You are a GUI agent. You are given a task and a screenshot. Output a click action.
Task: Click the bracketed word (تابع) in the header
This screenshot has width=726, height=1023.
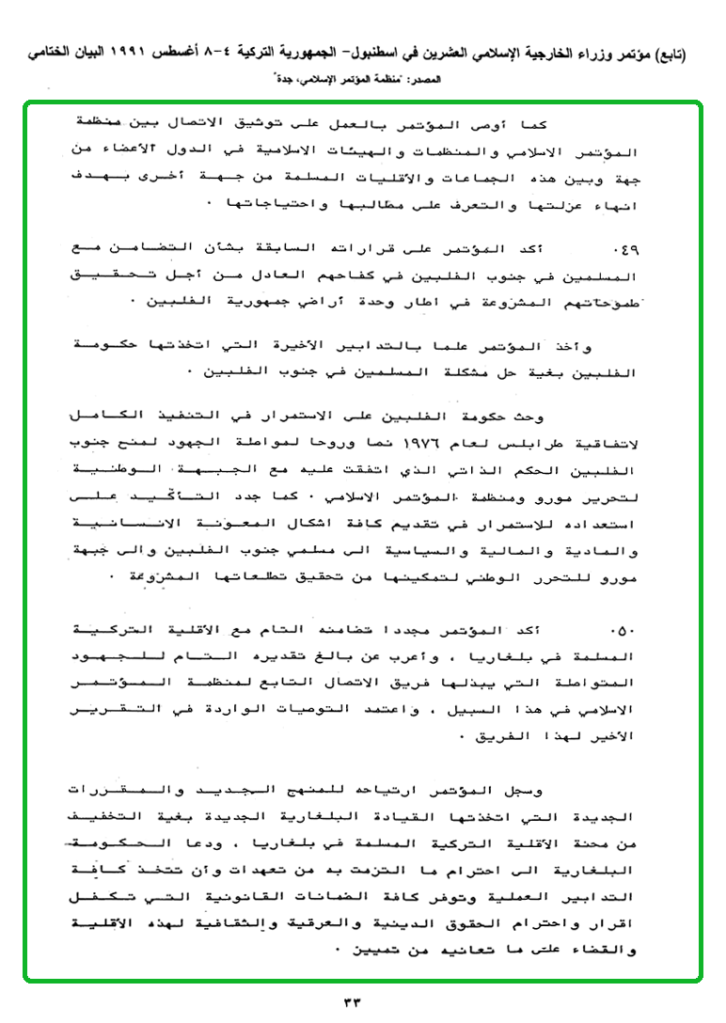(x=673, y=55)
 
